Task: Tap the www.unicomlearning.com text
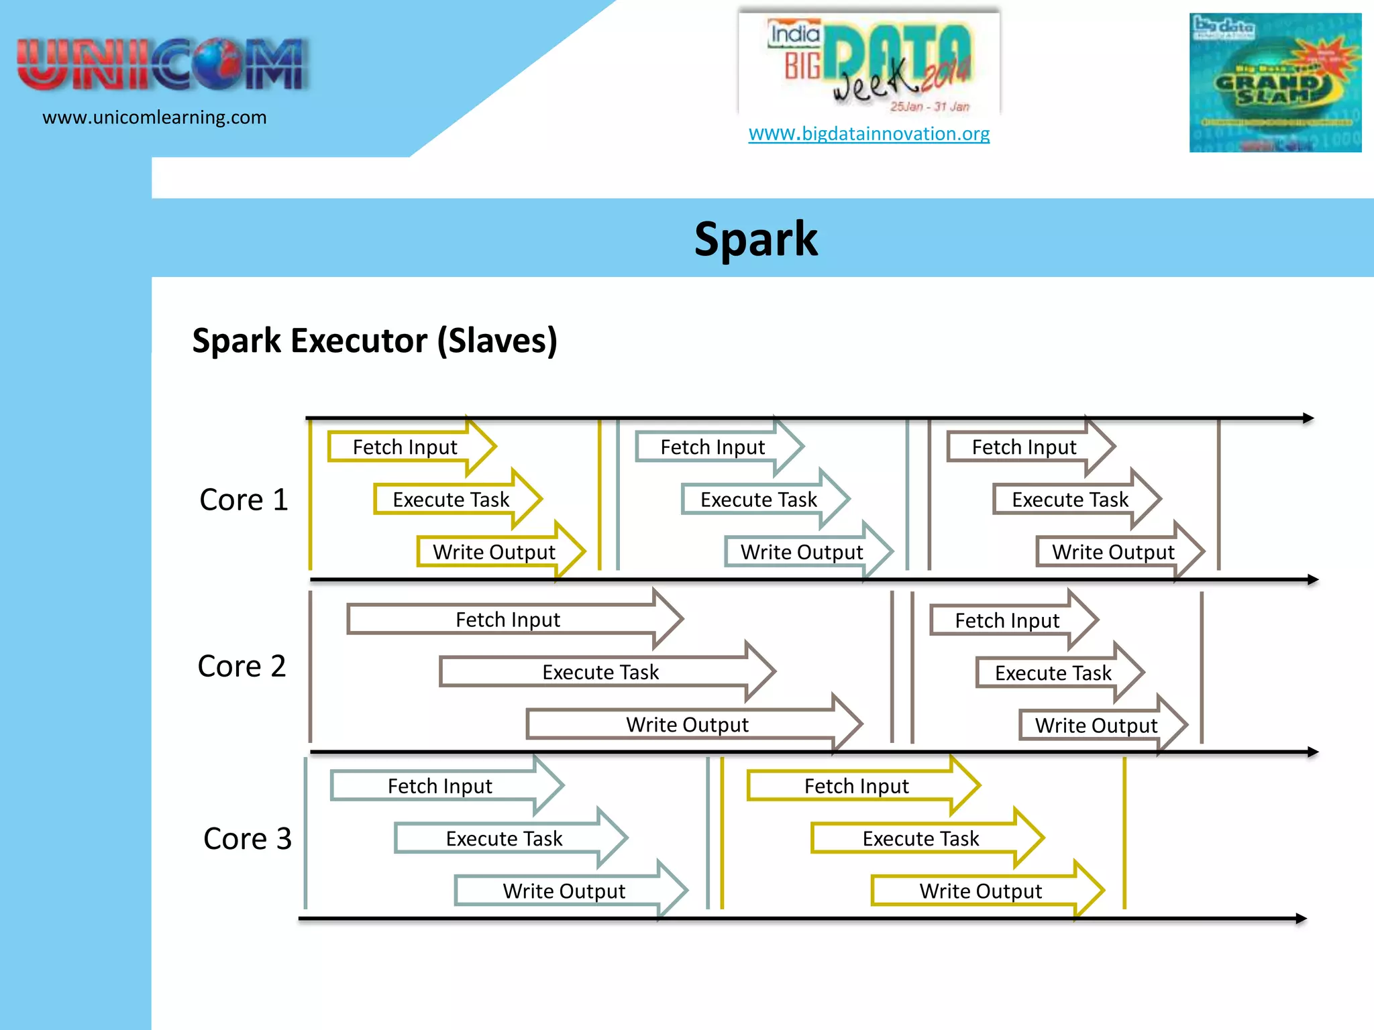[x=154, y=117]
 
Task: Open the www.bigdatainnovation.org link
[x=869, y=133]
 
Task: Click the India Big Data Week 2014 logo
[x=869, y=64]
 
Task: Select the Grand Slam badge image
[x=1275, y=82]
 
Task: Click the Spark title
[x=755, y=239]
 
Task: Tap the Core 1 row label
[x=244, y=500]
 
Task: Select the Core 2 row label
[x=242, y=666]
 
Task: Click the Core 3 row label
[x=247, y=838]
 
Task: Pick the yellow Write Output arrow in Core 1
[x=495, y=552]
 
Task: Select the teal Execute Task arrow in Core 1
[x=759, y=500]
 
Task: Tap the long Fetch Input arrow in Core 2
[x=509, y=620]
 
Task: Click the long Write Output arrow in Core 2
[x=688, y=724]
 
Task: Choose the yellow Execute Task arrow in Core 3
[x=921, y=838]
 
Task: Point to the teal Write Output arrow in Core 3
[x=565, y=891]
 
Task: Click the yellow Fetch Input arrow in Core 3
[x=857, y=785]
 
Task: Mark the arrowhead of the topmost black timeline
[x=1308, y=418]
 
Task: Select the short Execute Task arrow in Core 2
[x=1053, y=673]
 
